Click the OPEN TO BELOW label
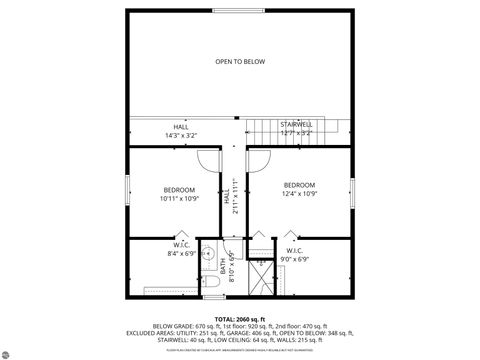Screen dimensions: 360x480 point(240,62)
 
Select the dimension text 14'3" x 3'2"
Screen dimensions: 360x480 point(181,135)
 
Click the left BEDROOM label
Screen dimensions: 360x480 point(180,190)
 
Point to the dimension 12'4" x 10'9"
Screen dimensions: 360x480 point(299,193)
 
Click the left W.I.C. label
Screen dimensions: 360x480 point(181,244)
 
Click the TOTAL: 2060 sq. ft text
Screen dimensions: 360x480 point(239,318)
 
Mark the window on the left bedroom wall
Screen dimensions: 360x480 point(127,191)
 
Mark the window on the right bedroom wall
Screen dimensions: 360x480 point(353,192)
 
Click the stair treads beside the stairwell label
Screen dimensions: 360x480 point(264,128)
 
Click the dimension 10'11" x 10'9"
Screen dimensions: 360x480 point(180,199)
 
